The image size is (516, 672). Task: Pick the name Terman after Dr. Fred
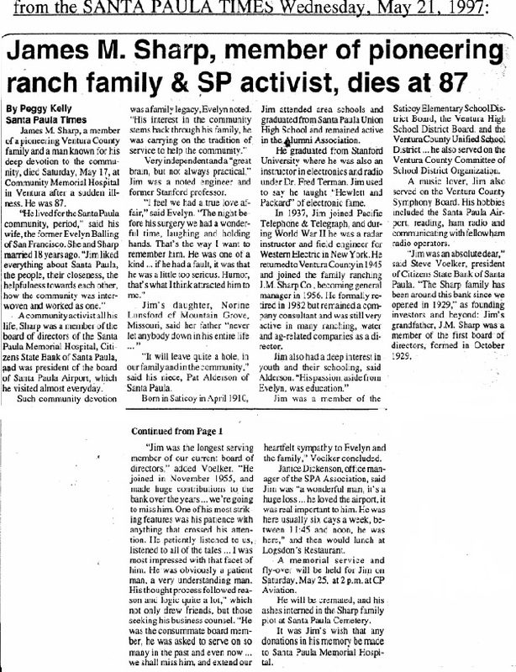coord(343,182)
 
